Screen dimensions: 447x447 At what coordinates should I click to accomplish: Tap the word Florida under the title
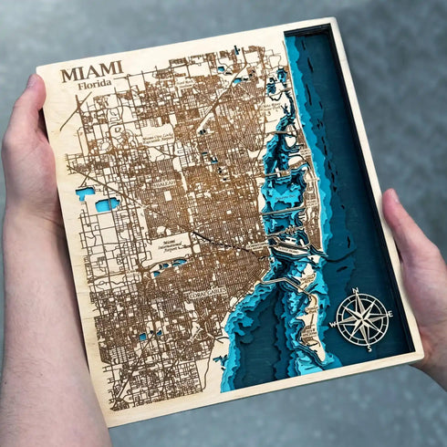pyautogui.click(x=96, y=85)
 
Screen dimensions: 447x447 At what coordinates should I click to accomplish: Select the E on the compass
pyautogui.click(x=389, y=314)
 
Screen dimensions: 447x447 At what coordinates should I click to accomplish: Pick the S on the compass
pyautogui.click(x=368, y=348)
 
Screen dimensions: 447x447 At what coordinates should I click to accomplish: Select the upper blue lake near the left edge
pyautogui.click(x=86, y=192)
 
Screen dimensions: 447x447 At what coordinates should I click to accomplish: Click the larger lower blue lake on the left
pyautogui.click(x=107, y=204)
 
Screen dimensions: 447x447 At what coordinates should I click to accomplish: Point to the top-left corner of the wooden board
pyautogui.click(x=39, y=67)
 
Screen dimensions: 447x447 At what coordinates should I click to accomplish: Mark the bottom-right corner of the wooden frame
pyautogui.click(x=421, y=355)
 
